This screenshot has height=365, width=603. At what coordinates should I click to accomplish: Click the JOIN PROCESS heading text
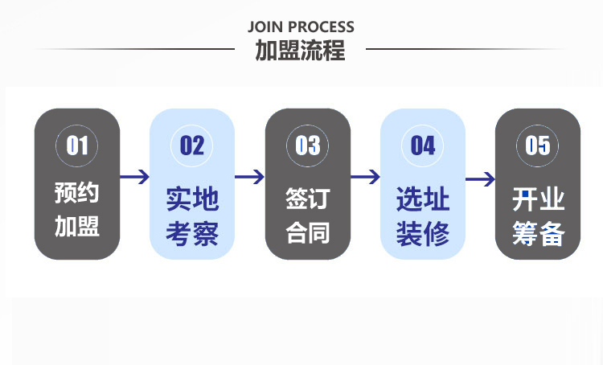coord(301,27)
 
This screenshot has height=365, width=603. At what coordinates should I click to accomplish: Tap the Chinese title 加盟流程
coord(301,50)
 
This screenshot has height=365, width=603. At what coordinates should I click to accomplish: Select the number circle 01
coord(77,146)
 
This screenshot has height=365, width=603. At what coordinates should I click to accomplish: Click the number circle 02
coord(192,146)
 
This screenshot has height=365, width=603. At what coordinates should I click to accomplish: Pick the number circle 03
coord(308,146)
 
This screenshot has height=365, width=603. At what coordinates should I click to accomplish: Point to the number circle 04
coord(423,146)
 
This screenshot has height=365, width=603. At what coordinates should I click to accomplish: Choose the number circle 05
coord(537,146)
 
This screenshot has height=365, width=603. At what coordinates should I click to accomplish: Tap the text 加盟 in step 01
coord(77,227)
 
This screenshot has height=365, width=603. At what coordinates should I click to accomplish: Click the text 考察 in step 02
coord(192,234)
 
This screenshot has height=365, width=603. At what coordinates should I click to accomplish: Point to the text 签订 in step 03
coord(308,198)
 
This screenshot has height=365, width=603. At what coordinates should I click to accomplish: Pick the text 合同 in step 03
coord(308,232)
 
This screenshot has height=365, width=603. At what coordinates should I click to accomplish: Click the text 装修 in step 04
coord(423,234)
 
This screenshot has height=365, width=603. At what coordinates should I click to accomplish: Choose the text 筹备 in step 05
coord(538,234)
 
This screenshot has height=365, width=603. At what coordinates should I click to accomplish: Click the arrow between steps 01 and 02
coord(135,177)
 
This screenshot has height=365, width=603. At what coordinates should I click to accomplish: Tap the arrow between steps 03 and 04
coord(365,177)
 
